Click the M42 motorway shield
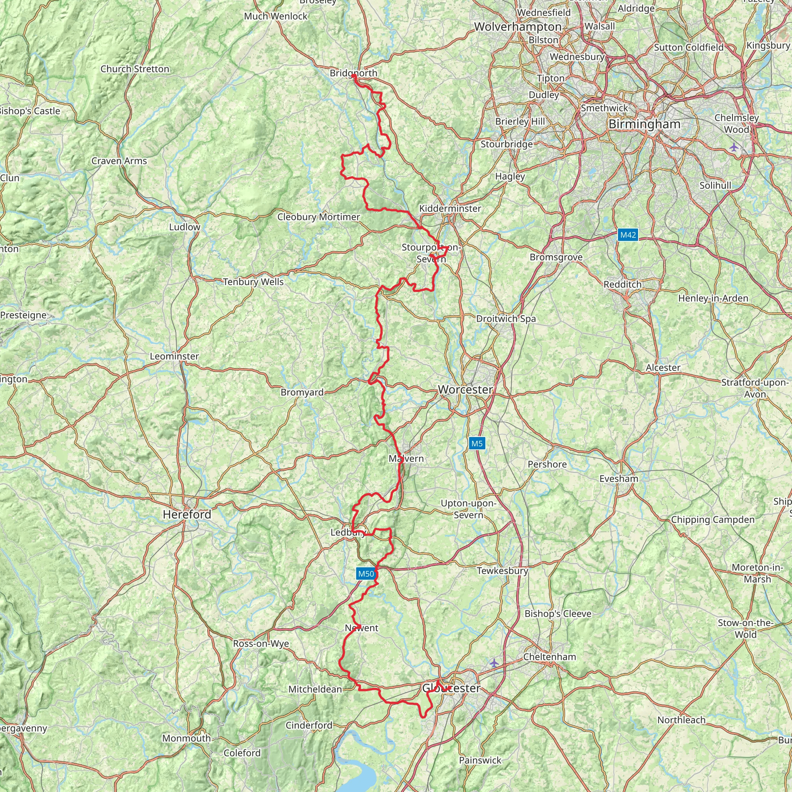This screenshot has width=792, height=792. tap(628, 235)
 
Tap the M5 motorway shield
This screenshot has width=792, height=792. tap(477, 443)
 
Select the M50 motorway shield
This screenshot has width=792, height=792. tap(366, 574)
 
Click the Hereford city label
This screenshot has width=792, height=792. tap(187, 514)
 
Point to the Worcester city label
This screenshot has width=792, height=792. tap(465, 389)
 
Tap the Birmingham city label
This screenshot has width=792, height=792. tap(644, 124)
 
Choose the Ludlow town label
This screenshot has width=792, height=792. tap(184, 227)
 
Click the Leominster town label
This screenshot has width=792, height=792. tap(174, 356)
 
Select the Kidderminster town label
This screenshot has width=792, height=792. tap(450, 208)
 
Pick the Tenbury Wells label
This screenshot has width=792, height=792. tap(253, 282)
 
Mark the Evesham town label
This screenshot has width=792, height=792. tap(618, 478)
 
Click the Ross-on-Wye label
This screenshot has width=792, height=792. tap(261, 643)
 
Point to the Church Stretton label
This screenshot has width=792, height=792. tap(135, 69)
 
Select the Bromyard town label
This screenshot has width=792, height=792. tap(302, 392)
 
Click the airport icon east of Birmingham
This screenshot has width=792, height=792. tap(733, 147)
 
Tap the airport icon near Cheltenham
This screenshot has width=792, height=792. tap(494, 662)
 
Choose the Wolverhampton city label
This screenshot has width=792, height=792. tap(518, 27)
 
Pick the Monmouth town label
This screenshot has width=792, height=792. tap(186, 738)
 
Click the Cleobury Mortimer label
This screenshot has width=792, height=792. tap(318, 217)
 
